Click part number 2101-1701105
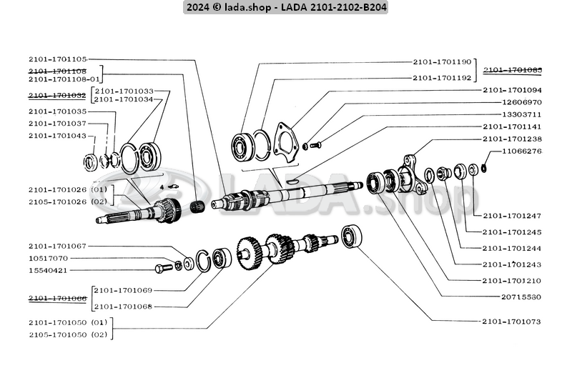pyautogui.click(x=57, y=59)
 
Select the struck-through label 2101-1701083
pyautogui.click(x=512, y=70)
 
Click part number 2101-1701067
pyautogui.click(x=57, y=247)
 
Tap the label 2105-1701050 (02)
pyautogui.click(x=67, y=334)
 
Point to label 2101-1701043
pyautogui.click(x=57, y=136)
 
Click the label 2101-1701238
pyautogui.click(x=512, y=139)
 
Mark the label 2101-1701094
pyautogui.click(x=512, y=91)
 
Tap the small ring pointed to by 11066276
pyautogui.click(x=483, y=169)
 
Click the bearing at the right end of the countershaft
pyautogui.click(x=351, y=237)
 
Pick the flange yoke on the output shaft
pyautogui.click(x=411, y=174)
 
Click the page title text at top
pyautogui.click(x=285, y=8)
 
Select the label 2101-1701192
pyautogui.click(x=442, y=77)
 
